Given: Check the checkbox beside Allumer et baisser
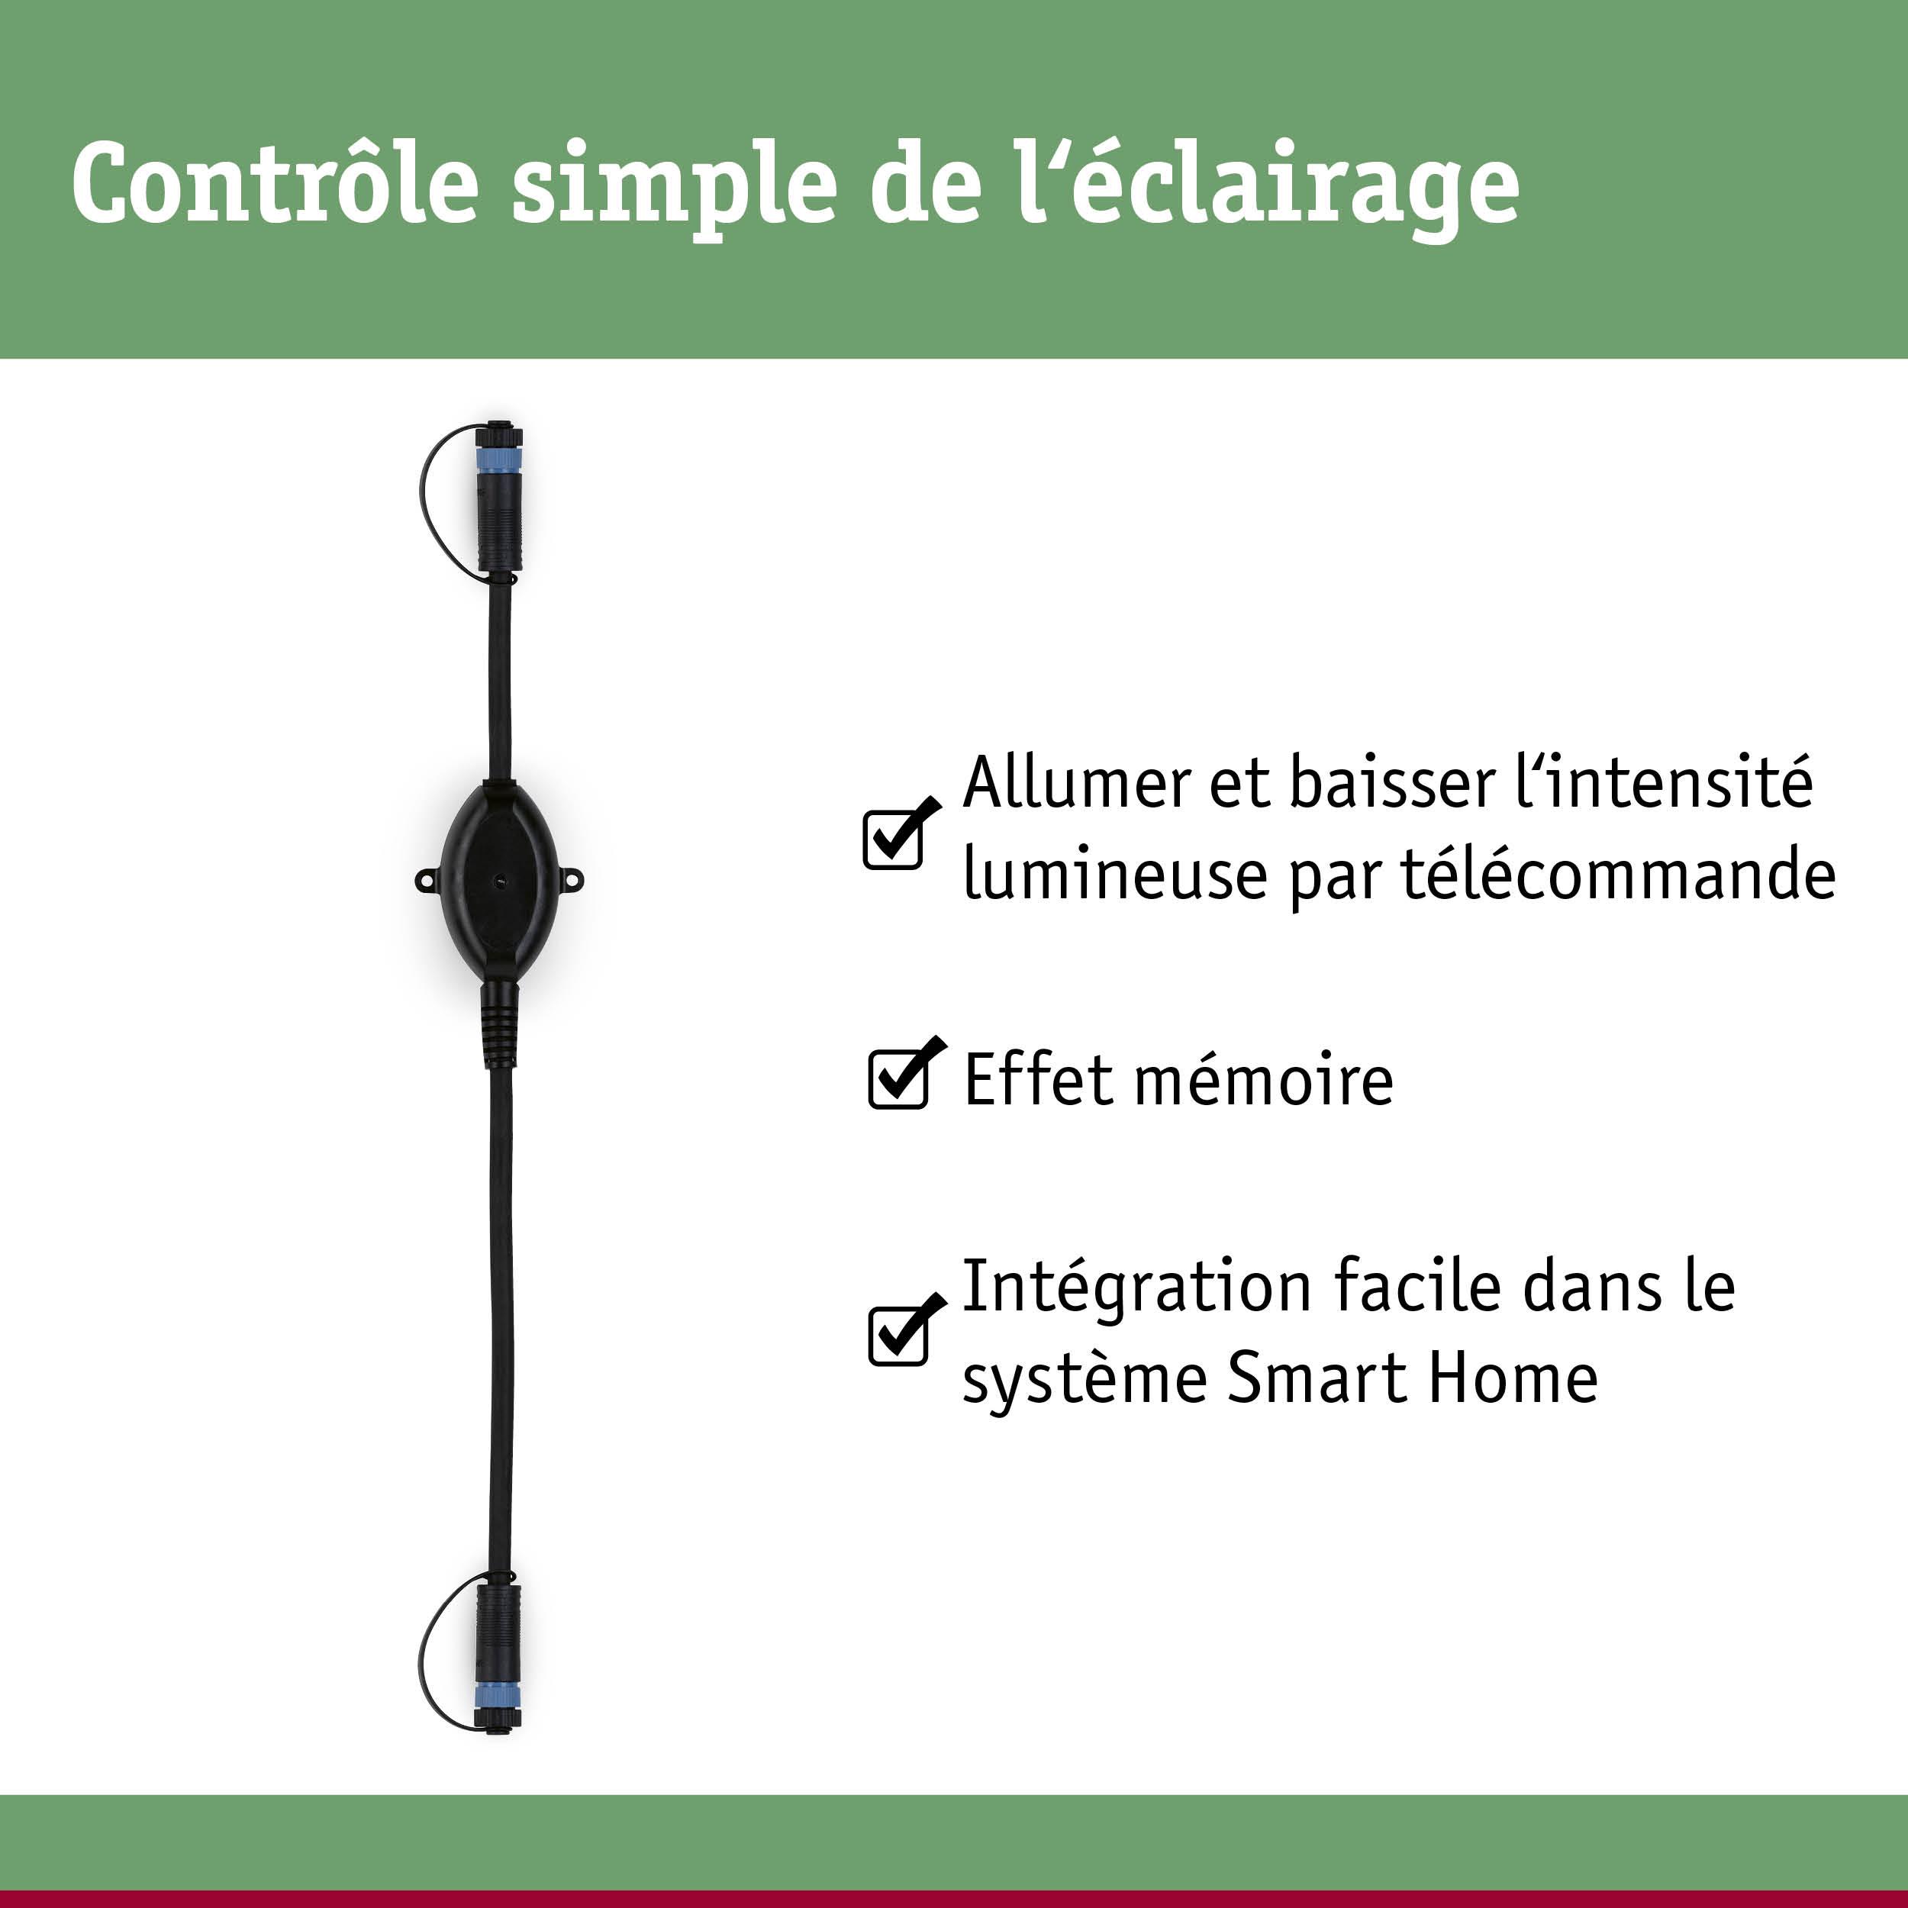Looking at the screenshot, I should (x=893, y=840).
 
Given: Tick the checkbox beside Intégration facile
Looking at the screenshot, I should (x=898, y=1335).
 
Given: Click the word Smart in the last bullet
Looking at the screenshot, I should (x=1316, y=1378).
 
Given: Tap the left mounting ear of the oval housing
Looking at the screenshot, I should (x=427, y=877).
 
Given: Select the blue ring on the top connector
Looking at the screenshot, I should (x=498, y=461).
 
